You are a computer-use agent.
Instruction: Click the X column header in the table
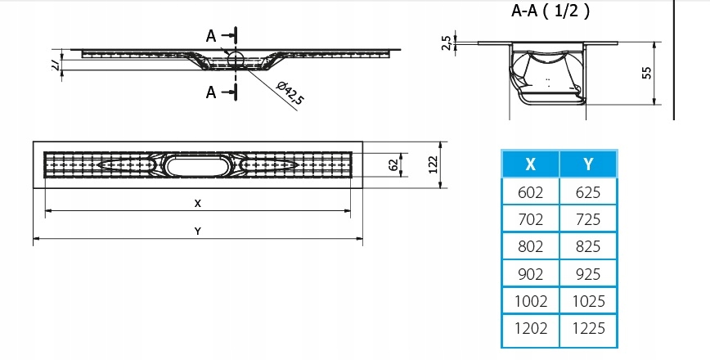pos(530,164)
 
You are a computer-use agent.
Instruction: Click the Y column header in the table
pos(588,164)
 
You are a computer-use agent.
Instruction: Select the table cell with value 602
pos(530,192)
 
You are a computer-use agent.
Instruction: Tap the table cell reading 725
pos(588,219)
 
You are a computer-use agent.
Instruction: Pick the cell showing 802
pos(530,246)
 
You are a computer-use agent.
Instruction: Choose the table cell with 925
pos(588,273)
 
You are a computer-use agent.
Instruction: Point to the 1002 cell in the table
pos(530,300)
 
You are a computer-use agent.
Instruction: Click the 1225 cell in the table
pos(588,328)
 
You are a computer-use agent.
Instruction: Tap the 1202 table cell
pos(530,328)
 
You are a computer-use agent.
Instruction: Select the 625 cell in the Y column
pos(588,192)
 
